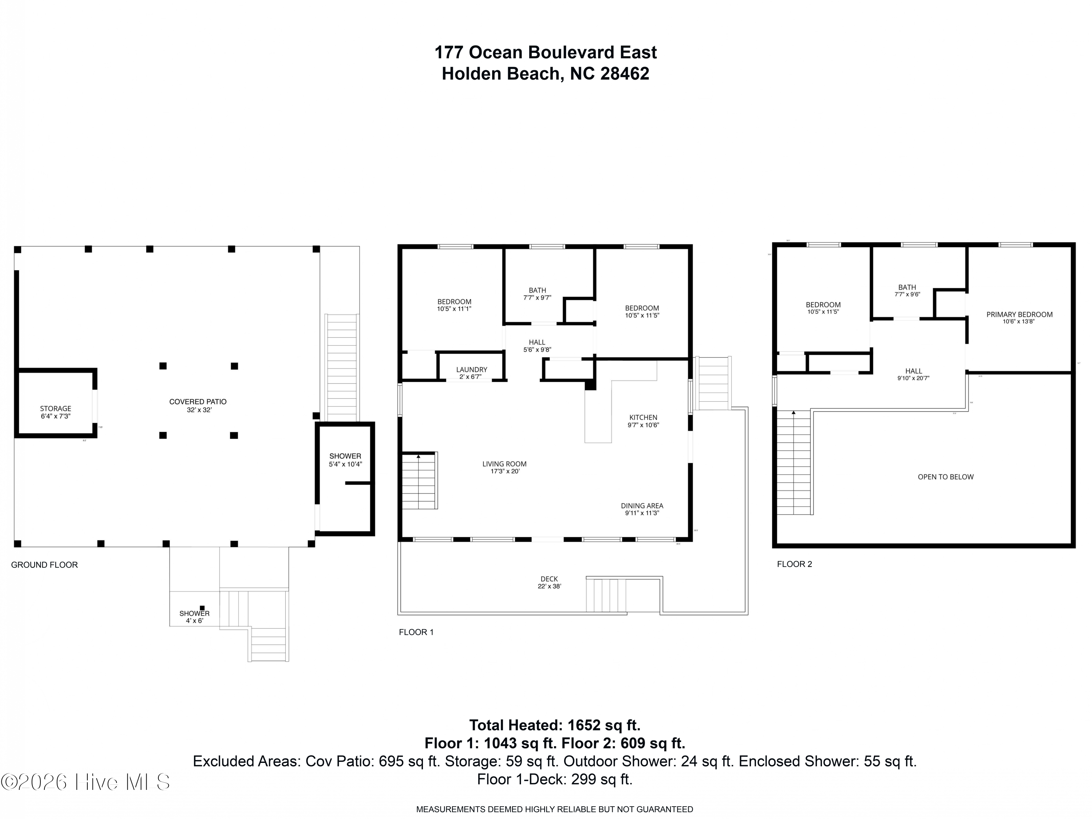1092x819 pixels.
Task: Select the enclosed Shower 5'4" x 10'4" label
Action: point(345,460)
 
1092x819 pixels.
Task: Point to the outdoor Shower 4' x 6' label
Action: point(194,617)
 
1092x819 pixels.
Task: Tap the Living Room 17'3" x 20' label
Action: point(505,467)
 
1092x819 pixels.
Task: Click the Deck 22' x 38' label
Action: point(549,582)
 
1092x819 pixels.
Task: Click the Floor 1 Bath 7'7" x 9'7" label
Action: point(538,294)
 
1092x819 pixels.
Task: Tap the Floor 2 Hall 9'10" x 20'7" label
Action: point(914,374)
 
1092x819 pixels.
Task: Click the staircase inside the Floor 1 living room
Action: point(419,482)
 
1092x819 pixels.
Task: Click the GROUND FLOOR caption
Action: point(44,564)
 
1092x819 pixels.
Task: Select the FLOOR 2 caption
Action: point(794,564)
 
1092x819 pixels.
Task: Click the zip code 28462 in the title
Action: point(625,74)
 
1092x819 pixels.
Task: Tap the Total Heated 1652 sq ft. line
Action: point(554,725)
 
